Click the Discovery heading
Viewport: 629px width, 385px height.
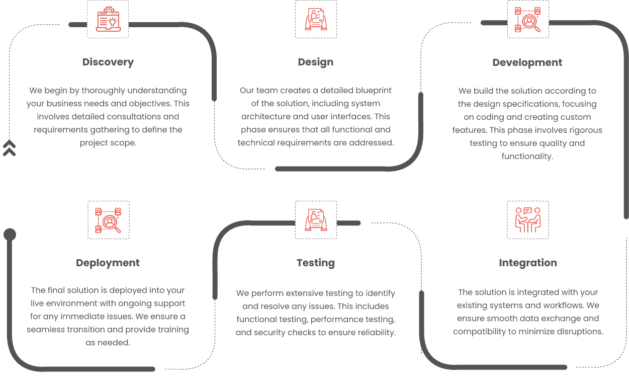108,62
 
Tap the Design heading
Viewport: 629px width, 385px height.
316,62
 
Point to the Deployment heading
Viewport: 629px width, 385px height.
108,263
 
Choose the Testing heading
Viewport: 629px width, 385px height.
316,263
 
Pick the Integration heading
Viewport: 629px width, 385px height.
528,263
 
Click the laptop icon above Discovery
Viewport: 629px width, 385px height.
108,19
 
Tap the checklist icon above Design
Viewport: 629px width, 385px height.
316,19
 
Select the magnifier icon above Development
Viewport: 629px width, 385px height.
527,20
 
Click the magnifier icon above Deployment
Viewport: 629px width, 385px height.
108,220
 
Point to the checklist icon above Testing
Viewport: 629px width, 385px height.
316,220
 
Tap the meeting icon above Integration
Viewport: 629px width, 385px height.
528,220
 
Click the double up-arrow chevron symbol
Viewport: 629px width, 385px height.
9,148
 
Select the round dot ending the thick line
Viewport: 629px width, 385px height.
10,235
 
